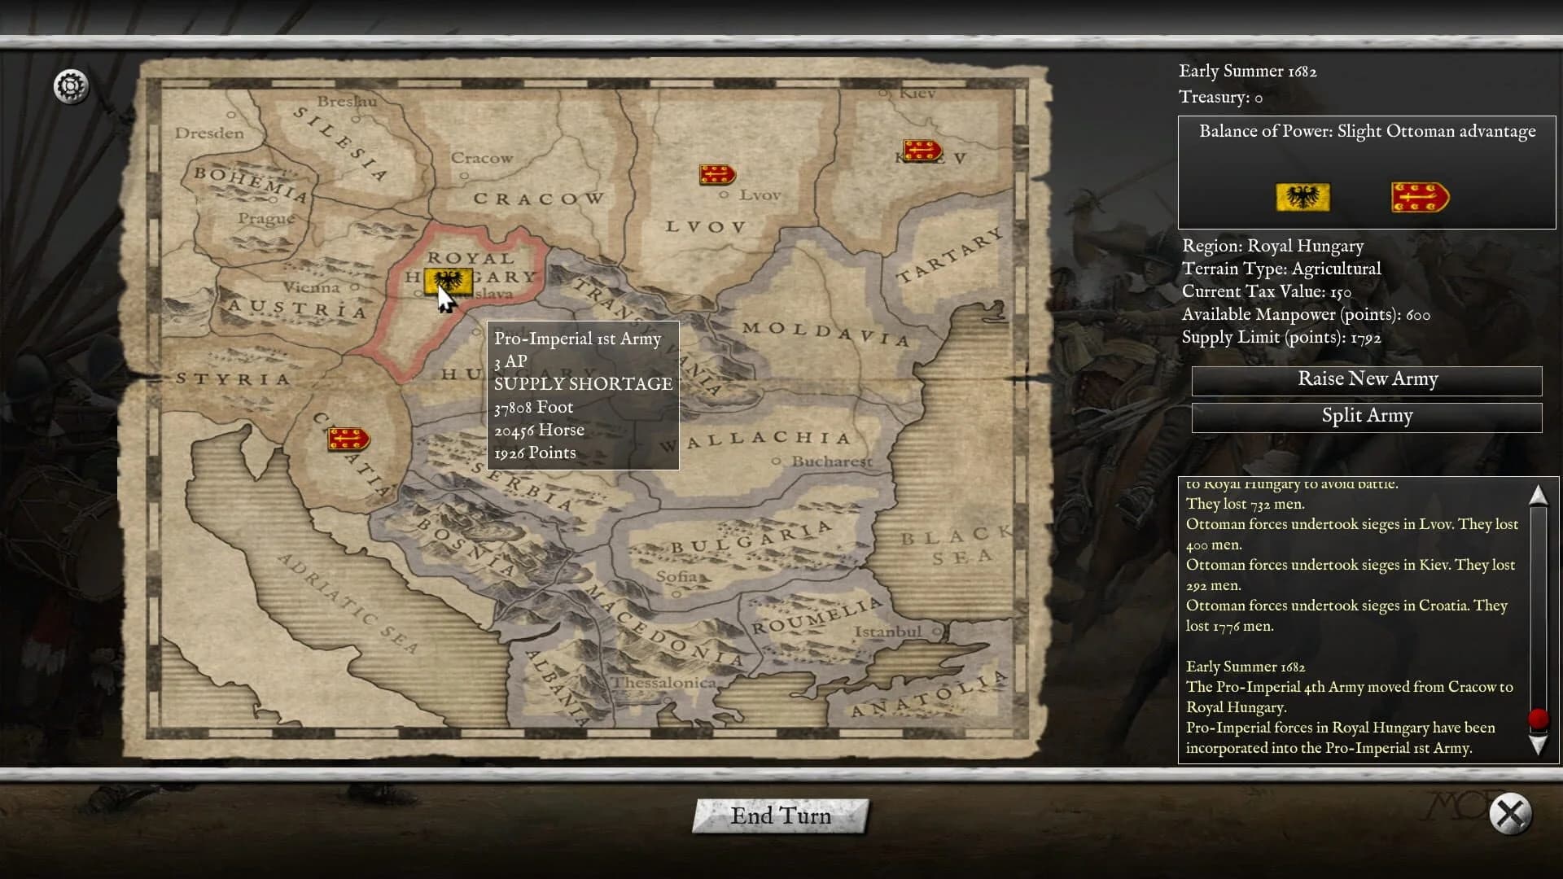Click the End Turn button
[781, 816]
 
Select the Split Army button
[1367, 416]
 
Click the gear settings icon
[71, 86]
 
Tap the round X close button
[1510, 813]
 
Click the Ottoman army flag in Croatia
[348, 439]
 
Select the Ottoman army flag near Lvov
[717, 174]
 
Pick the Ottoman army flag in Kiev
[922, 151]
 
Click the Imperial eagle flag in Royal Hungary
[447, 282]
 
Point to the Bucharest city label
[831, 461]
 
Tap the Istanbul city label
[887, 632]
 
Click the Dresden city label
[209, 133]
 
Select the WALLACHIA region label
[757, 440]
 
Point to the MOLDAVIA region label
[825, 333]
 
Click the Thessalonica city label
[663, 683]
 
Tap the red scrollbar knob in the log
[1538, 719]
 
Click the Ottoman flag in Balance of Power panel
[1420, 198]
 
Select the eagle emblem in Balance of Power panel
[1302, 198]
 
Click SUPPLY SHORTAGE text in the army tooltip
[583, 384]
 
